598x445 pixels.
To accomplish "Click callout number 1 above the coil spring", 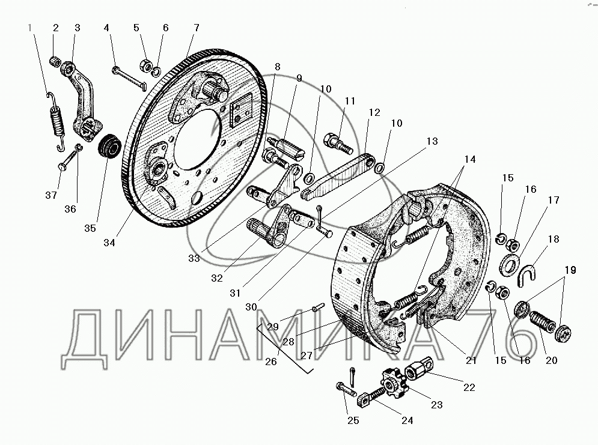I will click(31, 27).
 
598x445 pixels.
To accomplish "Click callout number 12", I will click(374, 112).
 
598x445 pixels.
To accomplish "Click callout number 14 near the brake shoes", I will click(469, 159).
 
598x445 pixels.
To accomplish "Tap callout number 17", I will click(553, 200).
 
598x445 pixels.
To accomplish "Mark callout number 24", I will click(407, 420).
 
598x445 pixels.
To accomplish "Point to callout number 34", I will click(109, 243).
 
